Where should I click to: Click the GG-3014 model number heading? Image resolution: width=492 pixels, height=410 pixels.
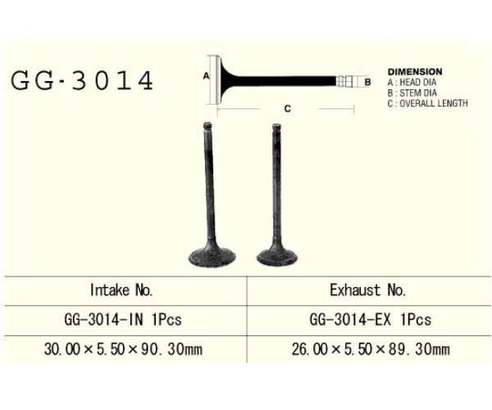pyautogui.click(x=82, y=80)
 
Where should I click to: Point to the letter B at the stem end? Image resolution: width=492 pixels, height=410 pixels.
pyautogui.click(x=368, y=81)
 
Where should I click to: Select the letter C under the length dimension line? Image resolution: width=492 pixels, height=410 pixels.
pyautogui.click(x=287, y=107)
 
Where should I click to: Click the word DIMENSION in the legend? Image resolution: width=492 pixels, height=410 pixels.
pyautogui.click(x=415, y=72)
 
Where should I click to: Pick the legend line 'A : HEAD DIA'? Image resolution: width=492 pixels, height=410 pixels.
pyautogui.click(x=412, y=83)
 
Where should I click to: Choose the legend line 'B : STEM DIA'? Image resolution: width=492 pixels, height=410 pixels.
pyautogui.click(x=412, y=93)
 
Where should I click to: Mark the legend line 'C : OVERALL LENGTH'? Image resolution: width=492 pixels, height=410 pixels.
pyautogui.click(x=427, y=104)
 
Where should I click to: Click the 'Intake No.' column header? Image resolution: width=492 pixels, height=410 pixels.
pyautogui.click(x=121, y=289)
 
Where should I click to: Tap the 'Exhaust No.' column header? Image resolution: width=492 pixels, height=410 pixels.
pyautogui.click(x=367, y=289)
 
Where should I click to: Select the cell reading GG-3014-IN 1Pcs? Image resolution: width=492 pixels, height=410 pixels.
pyautogui.click(x=121, y=319)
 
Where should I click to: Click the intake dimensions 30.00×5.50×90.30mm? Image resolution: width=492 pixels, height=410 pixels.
pyautogui.click(x=123, y=348)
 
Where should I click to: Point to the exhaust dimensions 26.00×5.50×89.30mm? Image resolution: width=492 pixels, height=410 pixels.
pyautogui.click(x=371, y=348)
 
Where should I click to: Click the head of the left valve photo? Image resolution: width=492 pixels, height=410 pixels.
pyautogui.click(x=211, y=257)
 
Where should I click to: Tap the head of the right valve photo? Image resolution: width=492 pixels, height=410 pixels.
pyautogui.click(x=276, y=256)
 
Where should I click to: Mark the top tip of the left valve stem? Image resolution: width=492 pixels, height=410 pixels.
pyautogui.click(x=207, y=125)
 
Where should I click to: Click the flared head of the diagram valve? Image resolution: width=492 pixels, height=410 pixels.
pyautogui.click(x=218, y=80)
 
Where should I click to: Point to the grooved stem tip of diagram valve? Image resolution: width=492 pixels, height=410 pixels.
pyautogui.click(x=347, y=81)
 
